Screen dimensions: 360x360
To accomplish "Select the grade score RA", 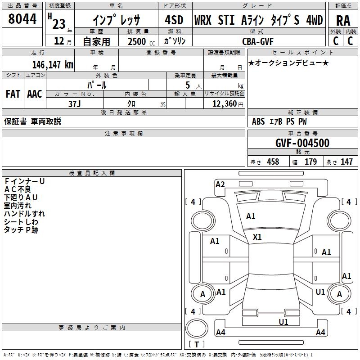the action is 343,20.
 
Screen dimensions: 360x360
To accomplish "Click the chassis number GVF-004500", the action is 302,143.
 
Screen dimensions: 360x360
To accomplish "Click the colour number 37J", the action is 74,103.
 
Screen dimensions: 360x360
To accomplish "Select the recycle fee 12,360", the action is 224,103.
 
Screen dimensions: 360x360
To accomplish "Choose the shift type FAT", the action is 13,94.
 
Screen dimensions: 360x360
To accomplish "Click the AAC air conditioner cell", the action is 35,94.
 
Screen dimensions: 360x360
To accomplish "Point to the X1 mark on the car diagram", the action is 257,237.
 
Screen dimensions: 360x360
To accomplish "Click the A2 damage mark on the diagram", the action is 220,184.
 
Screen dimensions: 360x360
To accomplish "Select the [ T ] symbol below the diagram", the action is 196,345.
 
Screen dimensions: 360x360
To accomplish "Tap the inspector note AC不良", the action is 18,189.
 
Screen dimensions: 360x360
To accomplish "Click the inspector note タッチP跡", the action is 21,230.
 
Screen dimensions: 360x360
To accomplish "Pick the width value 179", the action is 310,162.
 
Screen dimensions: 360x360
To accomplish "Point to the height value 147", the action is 346,162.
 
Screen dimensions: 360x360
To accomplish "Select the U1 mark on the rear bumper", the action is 283,322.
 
